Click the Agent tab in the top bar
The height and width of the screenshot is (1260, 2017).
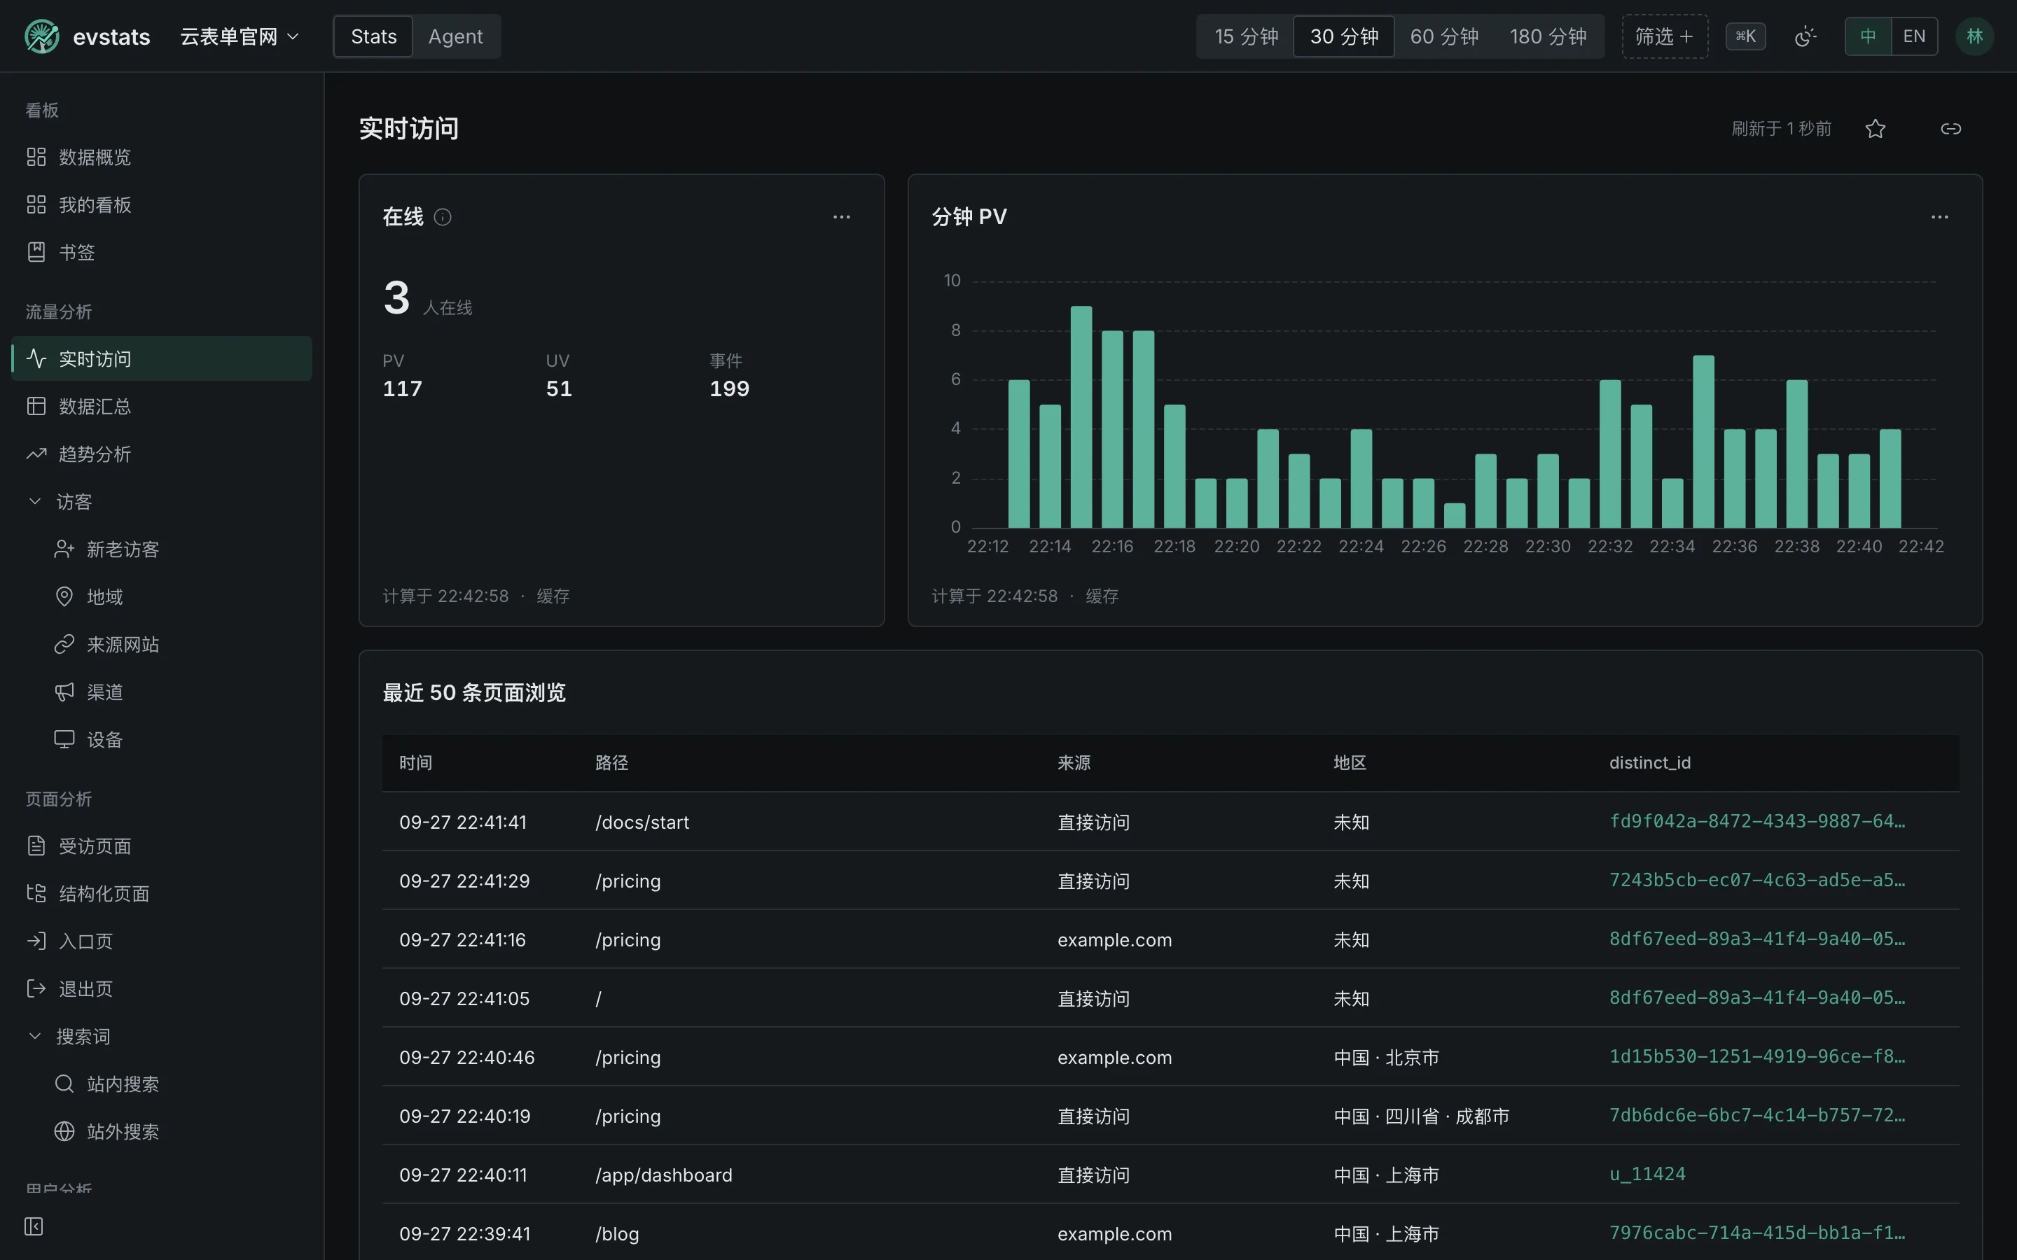click(x=455, y=36)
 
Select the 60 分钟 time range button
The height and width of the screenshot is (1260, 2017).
click(x=1443, y=36)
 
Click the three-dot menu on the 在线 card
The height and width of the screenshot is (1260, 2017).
click(x=842, y=218)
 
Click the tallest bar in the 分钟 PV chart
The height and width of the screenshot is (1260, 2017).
click(x=1081, y=416)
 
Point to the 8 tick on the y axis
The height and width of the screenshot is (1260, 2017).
click(x=956, y=330)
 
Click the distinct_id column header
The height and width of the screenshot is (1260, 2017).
click(x=1649, y=763)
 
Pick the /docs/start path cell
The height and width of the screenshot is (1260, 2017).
click(x=642, y=822)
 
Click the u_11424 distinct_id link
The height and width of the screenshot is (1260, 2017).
click(x=1647, y=1174)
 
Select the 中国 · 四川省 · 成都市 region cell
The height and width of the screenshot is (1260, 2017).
click(x=1421, y=1116)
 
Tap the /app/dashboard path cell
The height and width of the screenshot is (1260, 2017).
click(x=663, y=1175)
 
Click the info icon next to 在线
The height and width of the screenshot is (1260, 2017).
click(x=443, y=218)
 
